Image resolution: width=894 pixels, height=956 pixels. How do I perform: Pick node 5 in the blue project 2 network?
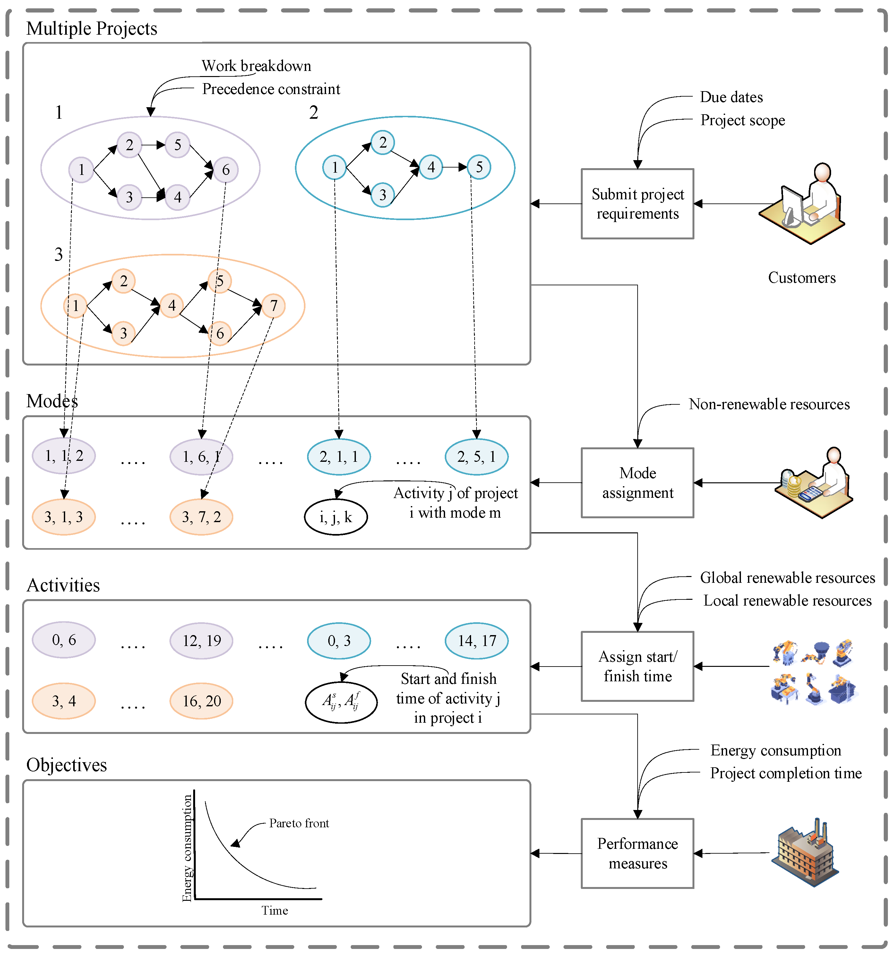coord(479,167)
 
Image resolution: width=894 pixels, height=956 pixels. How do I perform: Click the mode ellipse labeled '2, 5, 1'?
coord(476,456)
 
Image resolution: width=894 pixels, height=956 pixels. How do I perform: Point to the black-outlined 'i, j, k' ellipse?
coord(336,517)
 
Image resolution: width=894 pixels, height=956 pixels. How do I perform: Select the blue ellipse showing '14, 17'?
coord(476,640)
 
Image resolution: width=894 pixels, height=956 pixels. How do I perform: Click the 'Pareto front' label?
coord(299,823)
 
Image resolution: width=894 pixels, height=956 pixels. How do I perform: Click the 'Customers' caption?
coord(801,278)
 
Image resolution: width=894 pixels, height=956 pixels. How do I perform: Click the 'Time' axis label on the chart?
coord(275,910)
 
